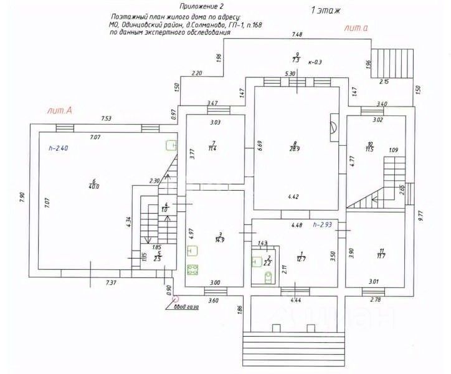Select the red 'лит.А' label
point(60,110)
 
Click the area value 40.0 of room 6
point(93,185)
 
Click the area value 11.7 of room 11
point(381,256)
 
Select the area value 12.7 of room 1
point(301,259)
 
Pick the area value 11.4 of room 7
point(212,148)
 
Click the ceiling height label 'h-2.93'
point(325,224)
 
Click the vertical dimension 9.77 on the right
point(421,216)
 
